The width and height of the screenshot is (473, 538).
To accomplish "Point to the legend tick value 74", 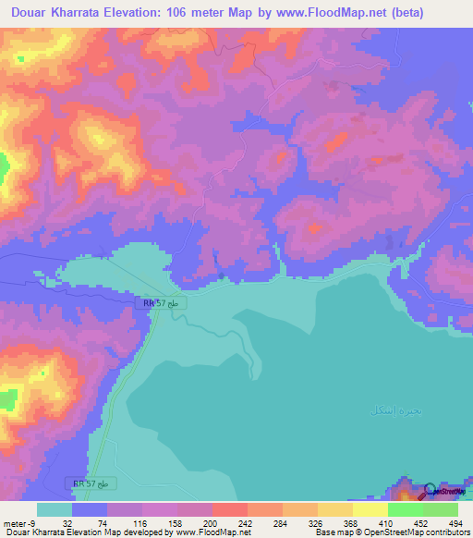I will tap(90, 522).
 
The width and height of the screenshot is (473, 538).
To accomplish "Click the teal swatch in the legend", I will tap(55, 509).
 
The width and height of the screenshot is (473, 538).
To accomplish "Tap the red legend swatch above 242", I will tap(229, 509).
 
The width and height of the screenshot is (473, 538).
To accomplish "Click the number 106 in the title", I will tap(191, 11).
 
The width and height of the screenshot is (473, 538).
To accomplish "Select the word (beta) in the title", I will tap(447, 11).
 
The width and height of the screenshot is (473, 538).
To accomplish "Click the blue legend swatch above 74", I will tap(90, 509).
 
